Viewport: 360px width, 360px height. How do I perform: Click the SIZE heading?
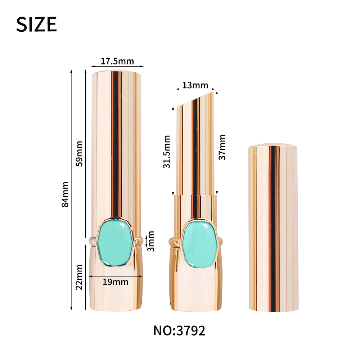(36, 24)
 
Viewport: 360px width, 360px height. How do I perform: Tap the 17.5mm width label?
(117, 61)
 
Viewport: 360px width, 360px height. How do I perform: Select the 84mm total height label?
(65, 194)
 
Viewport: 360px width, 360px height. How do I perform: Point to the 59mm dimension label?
(79, 154)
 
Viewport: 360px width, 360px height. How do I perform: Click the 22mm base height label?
(79, 277)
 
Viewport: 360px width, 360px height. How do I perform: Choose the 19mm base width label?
(116, 282)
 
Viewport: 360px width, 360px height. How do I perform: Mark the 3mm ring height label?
(150, 241)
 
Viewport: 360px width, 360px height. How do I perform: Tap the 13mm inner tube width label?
(195, 85)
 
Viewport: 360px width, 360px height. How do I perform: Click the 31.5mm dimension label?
(167, 152)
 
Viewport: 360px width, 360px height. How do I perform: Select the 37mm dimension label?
(222, 147)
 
